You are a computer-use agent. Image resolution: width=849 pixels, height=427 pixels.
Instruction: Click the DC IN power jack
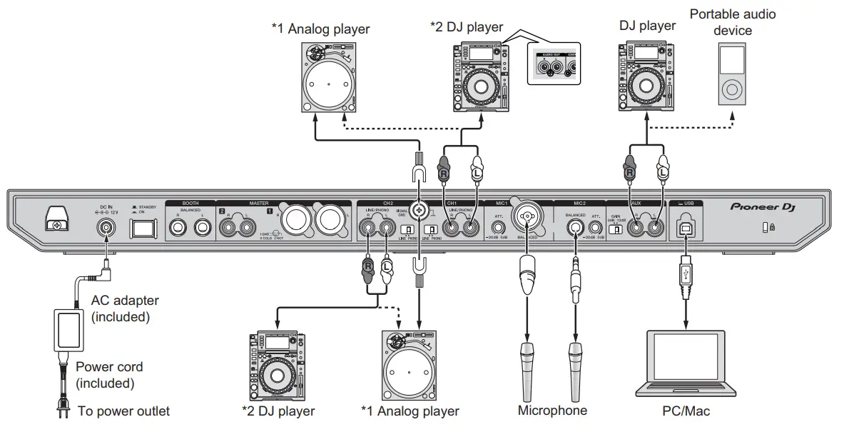coord(107,228)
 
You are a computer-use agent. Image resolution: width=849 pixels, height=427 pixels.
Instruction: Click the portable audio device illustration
coord(732,74)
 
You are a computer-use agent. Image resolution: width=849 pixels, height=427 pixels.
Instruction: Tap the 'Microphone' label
coord(552,410)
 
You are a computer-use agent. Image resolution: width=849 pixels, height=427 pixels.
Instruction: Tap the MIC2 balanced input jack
coord(574,228)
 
